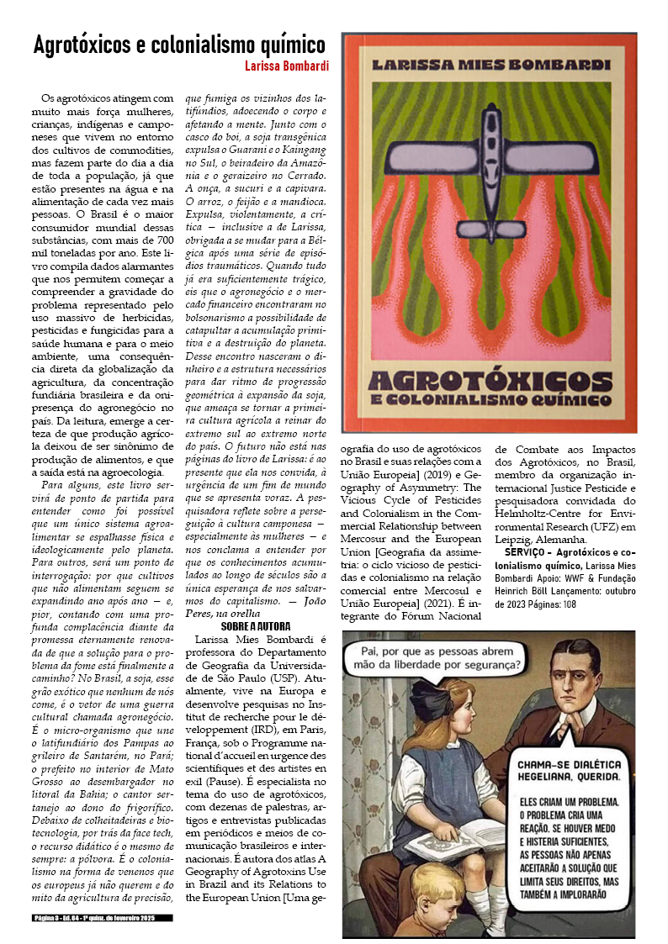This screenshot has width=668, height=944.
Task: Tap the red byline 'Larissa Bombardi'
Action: pos(287,66)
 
